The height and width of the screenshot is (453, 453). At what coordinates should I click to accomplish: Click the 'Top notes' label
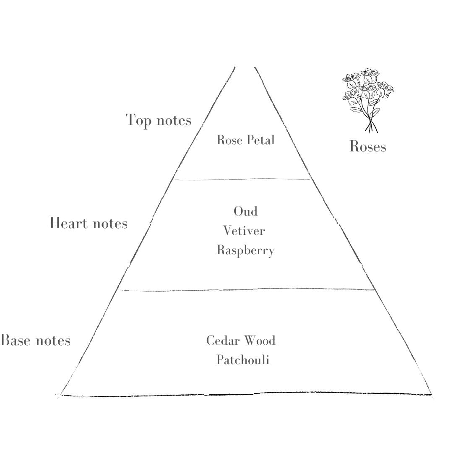[158, 120]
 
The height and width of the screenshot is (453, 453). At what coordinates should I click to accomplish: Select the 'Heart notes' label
[89, 223]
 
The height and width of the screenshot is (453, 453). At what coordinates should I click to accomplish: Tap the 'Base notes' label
[35, 340]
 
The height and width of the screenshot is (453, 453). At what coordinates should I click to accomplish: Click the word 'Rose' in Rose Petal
[230, 140]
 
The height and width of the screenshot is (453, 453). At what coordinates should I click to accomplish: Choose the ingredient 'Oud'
[245, 211]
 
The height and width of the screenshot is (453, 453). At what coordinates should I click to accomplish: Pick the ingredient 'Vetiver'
[244, 231]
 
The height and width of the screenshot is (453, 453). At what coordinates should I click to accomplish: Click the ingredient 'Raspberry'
[245, 250]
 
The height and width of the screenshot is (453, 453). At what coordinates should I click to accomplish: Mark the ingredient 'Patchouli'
[243, 360]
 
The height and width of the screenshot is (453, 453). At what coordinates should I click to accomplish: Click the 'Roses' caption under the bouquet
[368, 146]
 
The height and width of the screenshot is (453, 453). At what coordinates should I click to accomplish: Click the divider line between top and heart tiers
[242, 180]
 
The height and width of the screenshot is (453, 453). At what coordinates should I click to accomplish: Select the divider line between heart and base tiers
[247, 289]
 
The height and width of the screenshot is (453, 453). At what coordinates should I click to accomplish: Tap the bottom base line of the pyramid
[245, 395]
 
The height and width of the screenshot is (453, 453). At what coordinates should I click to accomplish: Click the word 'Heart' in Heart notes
[68, 223]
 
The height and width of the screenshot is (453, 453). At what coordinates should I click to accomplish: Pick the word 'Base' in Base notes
[16, 340]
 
